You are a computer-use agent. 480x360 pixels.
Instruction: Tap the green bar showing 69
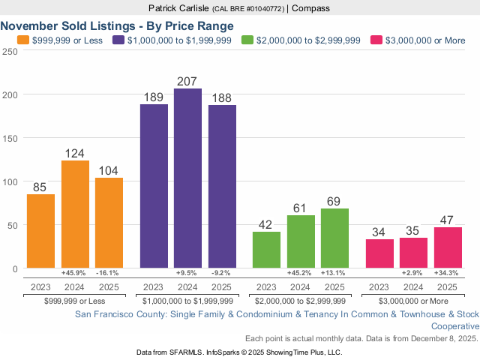tap(334, 238)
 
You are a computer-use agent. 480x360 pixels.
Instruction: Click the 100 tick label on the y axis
tap(9, 182)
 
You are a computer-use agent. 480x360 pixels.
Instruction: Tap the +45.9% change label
tap(75, 273)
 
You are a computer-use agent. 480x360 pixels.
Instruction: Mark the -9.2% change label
tap(222, 273)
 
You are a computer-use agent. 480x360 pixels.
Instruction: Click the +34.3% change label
tap(447, 273)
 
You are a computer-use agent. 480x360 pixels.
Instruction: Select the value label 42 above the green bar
tap(266, 223)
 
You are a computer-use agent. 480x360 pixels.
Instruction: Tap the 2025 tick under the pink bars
tap(447, 286)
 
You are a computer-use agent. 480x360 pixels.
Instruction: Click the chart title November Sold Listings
tap(117, 25)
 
